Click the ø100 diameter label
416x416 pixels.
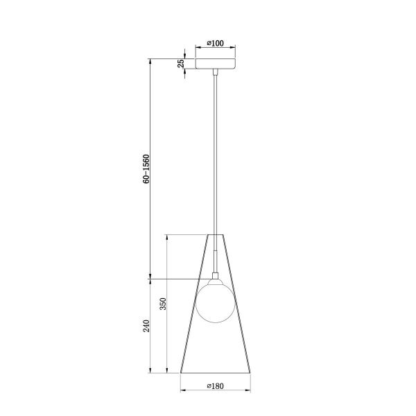point(216,44)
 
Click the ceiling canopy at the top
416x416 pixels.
point(216,63)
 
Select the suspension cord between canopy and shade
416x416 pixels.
point(216,153)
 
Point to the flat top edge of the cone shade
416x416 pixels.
point(216,235)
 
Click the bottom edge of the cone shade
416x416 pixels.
point(216,372)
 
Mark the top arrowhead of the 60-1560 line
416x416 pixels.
point(151,60)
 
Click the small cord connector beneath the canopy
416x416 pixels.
point(216,72)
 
